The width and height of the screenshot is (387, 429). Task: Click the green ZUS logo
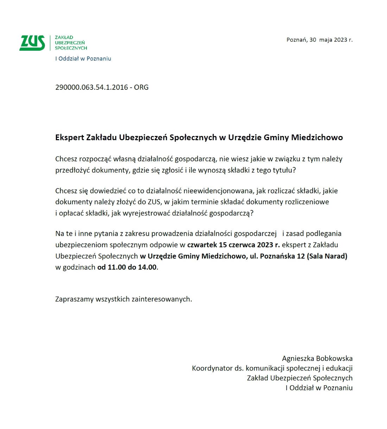tap(32, 43)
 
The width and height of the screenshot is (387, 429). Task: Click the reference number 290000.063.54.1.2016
tap(91, 87)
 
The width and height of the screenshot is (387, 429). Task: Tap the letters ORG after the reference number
tap(141, 87)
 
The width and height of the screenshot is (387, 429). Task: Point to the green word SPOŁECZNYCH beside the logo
tap(71, 48)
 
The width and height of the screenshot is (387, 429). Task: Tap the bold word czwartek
tap(202, 245)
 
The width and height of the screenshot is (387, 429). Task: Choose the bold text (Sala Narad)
tap(327, 256)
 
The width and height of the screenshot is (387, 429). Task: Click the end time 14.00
tap(147, 267)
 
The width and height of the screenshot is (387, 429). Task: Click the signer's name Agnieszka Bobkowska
tap(317, 359)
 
